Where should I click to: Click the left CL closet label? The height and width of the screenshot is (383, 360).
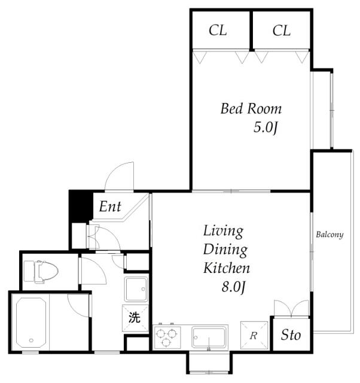tap(218, 31)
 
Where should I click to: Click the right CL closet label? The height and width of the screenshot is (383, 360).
tap(282, 31)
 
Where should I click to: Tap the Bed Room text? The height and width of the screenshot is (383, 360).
tap(251, 109)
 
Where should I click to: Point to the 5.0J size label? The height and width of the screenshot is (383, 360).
tap(266, 127)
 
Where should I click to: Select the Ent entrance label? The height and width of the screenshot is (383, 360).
tap(110, 206)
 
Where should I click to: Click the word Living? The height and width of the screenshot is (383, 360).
tap(223, 232)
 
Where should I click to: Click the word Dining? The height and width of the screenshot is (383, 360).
tap(225, 250)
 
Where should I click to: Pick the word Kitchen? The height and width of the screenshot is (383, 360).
tap(227, 268)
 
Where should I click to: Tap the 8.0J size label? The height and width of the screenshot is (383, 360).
tap(233, 287)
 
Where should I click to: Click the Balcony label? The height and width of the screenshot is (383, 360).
tap(330, 235)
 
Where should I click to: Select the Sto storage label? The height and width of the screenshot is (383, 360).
tap(291, 335)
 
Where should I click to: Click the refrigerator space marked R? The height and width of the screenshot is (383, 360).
tap(254, 335)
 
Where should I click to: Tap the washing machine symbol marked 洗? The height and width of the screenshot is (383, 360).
tap(135, 318)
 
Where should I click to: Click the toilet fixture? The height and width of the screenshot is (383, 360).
tap(41, 272)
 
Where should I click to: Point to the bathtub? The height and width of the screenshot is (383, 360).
tap(30, 323)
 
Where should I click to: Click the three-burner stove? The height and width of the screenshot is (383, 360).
tap(167, 337)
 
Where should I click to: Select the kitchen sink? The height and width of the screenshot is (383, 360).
tap(208, 337)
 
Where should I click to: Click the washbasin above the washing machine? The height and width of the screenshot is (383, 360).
tap(136, 289)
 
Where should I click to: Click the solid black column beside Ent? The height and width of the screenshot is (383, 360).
tap(81, 206)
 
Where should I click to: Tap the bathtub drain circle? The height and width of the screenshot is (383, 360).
tap(31, 341)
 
